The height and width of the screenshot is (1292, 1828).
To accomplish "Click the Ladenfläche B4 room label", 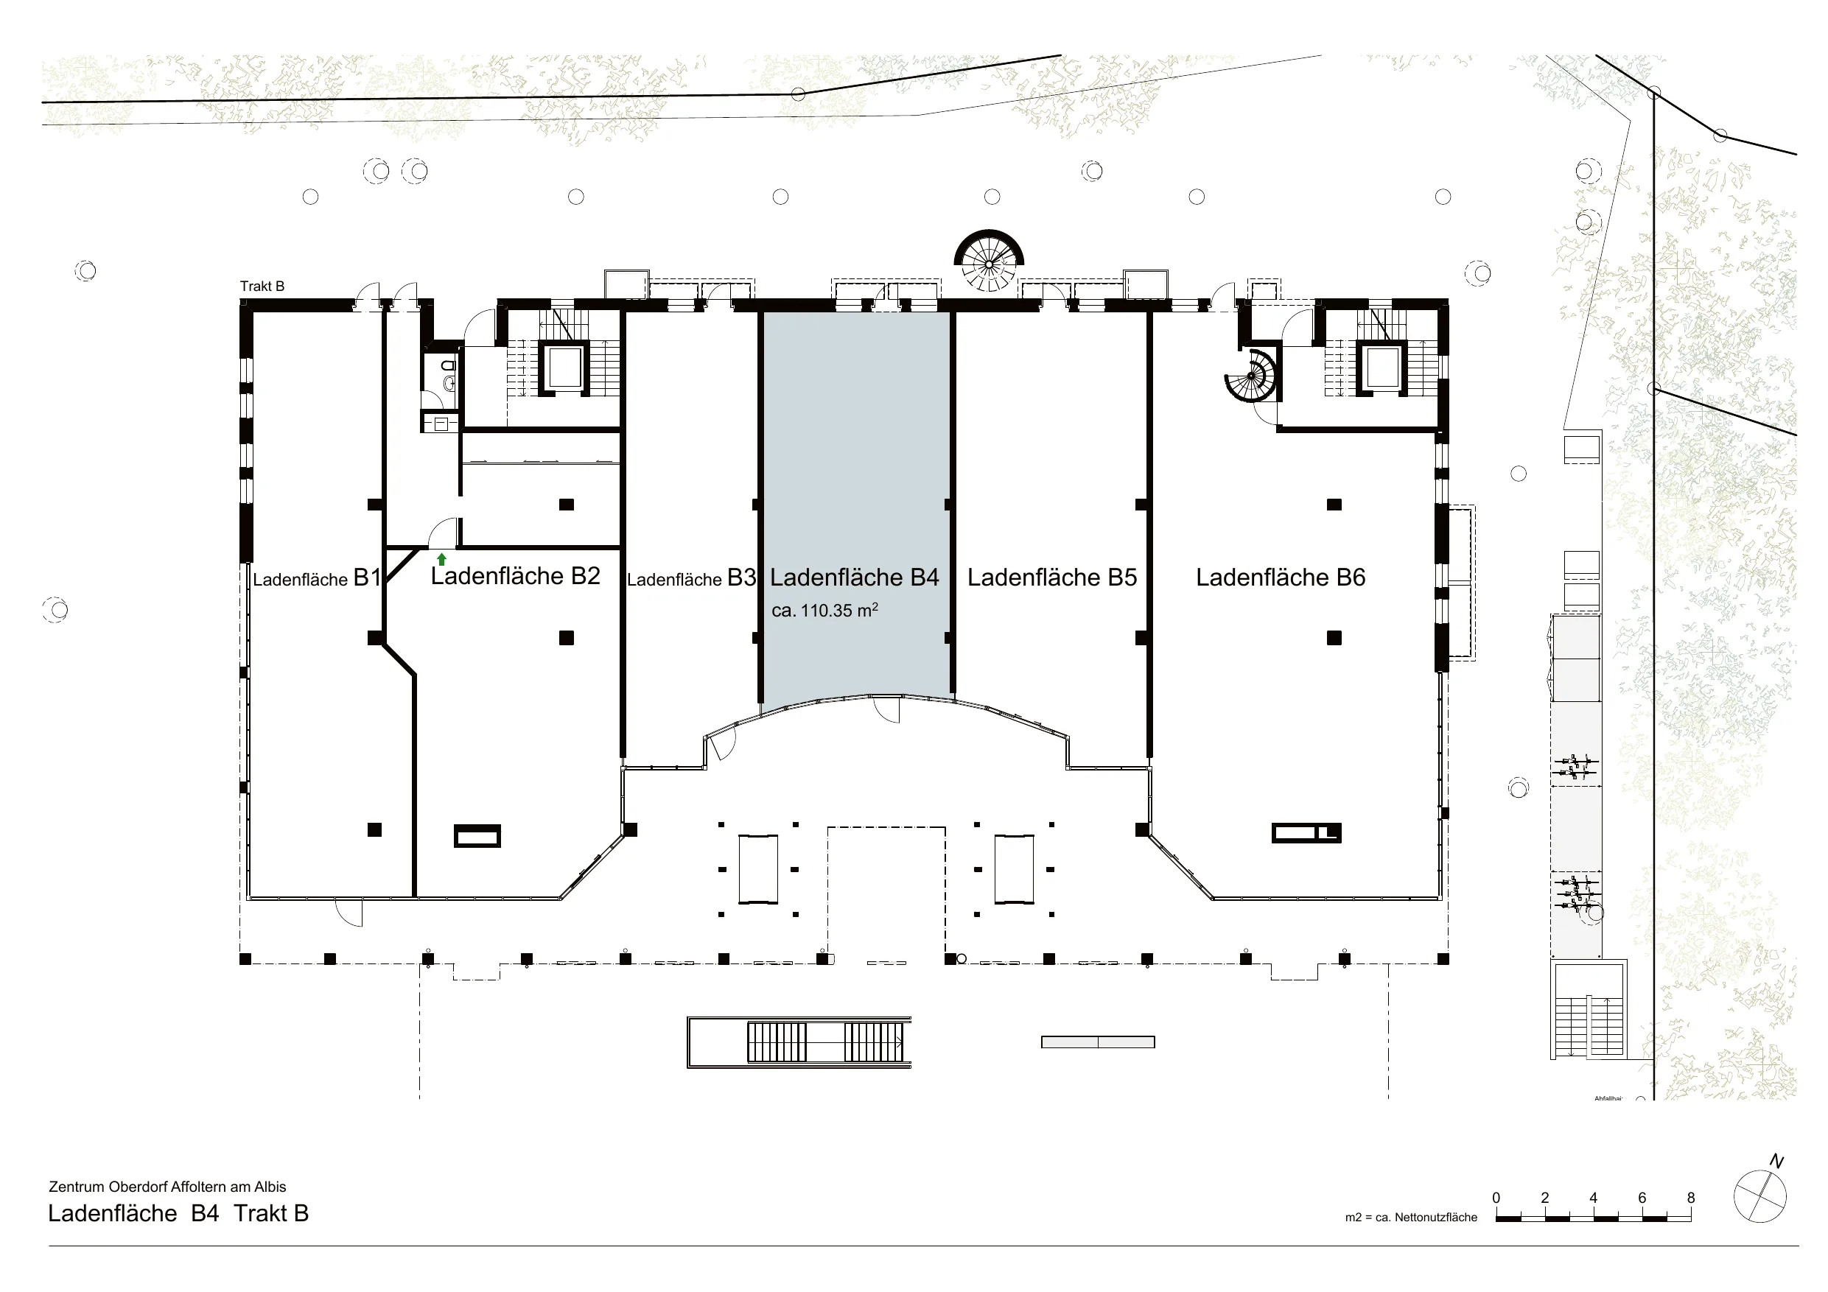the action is click(854, 577).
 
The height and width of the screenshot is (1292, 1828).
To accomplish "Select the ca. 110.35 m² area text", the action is click(824, 611).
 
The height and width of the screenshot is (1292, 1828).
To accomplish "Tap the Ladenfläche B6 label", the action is click(1281, 577).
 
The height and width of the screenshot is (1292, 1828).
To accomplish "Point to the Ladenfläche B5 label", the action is click(1051, 577).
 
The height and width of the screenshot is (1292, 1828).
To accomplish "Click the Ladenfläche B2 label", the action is click(515, 575).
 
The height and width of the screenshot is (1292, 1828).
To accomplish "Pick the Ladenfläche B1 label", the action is click(317, 578).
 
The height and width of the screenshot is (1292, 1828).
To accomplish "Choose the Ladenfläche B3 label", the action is click(691, 578).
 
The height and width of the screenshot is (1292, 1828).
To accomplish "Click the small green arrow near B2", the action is click(442, 560).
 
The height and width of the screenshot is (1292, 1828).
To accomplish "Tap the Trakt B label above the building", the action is click(262, 287).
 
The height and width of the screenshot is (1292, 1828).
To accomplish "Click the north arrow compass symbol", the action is click(1760, 1196).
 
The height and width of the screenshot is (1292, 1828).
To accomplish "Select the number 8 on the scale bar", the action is click(1691, 1197).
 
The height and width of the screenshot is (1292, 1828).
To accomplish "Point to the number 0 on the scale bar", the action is click(1496, 1197).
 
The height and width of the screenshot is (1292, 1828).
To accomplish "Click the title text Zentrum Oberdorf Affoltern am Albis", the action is click(167, 1187).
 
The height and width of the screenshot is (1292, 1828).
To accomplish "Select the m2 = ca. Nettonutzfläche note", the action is click(1411, 1217).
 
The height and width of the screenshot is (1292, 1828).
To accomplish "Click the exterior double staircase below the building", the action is click(799, 1042).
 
